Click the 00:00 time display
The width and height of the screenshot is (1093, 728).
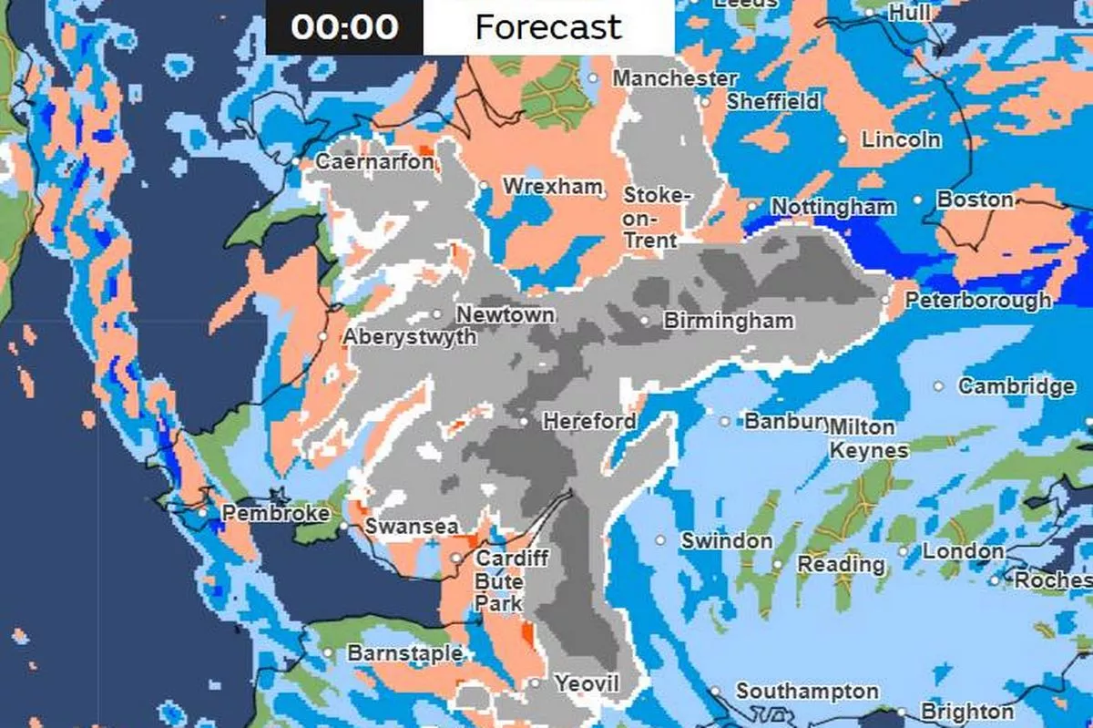coord(344,26)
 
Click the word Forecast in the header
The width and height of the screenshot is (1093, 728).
coord(548,26)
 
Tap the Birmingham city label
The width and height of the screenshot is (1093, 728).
coord(729,321)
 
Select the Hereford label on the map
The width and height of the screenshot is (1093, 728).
coord(589,421)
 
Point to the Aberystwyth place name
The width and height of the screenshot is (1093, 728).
coord(410,337)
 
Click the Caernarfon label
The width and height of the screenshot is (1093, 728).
coord(374,162)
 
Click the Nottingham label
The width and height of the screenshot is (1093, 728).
coord(833,208)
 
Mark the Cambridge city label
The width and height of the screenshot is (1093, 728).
coord(1016,386)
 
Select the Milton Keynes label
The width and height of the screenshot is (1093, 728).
coord(868,439)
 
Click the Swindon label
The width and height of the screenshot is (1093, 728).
coord(727,540)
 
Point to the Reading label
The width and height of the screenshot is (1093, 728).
coord(841,564)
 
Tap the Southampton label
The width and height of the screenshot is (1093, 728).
coord(807,692)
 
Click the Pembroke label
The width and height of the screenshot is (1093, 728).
coord(275,514)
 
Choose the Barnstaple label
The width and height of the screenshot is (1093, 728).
coord(404,653)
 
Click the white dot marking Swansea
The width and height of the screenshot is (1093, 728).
coord(343,527)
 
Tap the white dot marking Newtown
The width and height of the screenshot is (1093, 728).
coord(438,314)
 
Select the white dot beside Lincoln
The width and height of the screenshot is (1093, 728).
coord(843,140)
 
